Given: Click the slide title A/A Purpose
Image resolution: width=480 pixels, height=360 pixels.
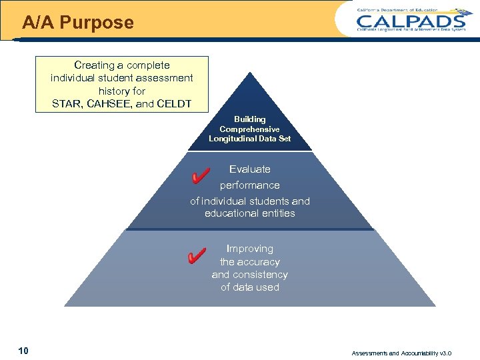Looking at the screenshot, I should click(x=78, y=23).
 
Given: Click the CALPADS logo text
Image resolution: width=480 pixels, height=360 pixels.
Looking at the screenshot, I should click(x=410, y=21).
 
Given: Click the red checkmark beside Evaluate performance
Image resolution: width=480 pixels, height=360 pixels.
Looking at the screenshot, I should click(x=197, y=176).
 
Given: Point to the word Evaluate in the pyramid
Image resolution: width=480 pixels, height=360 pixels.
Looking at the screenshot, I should click(x=250, y=169).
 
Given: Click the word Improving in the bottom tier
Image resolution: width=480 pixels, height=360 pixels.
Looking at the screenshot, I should click(x=250, y=249).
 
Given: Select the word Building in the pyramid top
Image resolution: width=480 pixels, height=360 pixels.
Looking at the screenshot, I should click(x=249, y=119).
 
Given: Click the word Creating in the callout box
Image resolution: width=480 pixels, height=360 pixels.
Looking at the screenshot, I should click(x=93, y=65).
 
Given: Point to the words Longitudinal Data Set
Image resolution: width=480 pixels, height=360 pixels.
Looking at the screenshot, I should click(x=249, y=139).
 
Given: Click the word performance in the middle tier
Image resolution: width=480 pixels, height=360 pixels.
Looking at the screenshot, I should click(x=250, y=185).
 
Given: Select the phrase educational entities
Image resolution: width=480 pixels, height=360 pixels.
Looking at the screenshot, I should click(x=250, y=213).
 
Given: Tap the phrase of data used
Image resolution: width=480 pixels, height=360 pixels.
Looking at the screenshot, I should click(x=250, y=287).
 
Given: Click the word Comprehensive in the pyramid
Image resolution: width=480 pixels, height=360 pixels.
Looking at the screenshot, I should click(x=249, y=129).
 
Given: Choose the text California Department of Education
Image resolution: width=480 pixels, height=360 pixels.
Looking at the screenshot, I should click(x=397, y=10).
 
